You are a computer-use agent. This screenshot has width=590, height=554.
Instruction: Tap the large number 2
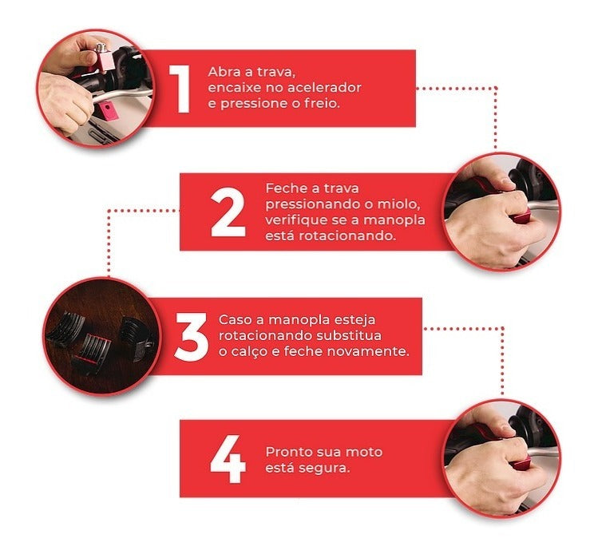[x=228, y=212]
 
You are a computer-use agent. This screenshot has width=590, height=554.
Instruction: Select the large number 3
[x=191, y=337]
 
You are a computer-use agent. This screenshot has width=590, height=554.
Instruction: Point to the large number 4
[x=228, y=459]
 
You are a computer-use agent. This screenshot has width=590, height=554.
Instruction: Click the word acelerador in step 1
[x=324, y=88]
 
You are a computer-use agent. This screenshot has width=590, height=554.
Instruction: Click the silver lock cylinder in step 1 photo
[x=99, y=48]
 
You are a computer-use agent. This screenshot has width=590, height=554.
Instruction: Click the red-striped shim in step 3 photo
[x=92, y=352]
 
